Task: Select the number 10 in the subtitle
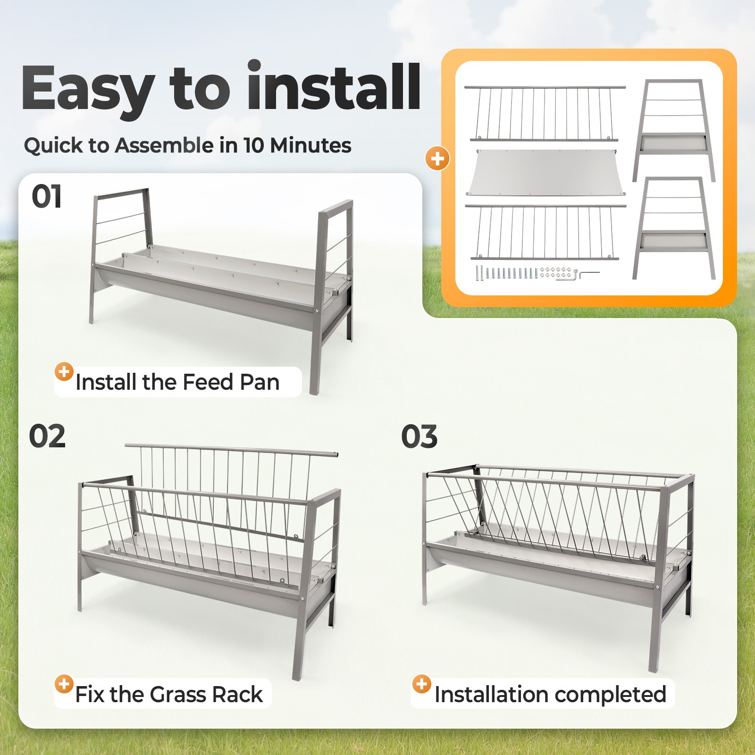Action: click(253, 145)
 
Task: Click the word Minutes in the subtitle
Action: click(310, 145)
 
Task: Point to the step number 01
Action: click(47, 196)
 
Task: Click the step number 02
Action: click(47, 436)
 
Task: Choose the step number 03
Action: click(419, 436)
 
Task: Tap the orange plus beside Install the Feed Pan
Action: click(64, 372)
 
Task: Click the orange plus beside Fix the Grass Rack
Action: click(64, 684)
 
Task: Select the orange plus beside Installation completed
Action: click(422, 684)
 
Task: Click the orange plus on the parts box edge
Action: click(437, 159)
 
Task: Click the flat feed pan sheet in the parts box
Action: click(545, 172)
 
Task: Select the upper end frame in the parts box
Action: click(674, 130)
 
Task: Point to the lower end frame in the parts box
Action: click(674, 228)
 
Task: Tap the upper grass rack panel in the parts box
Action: click(545, 113)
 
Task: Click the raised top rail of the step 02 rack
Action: click(232, 450)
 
